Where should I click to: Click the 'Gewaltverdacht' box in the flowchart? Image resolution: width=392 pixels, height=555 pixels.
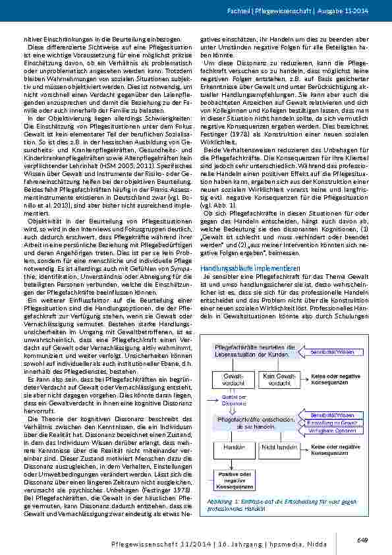[225, 380]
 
